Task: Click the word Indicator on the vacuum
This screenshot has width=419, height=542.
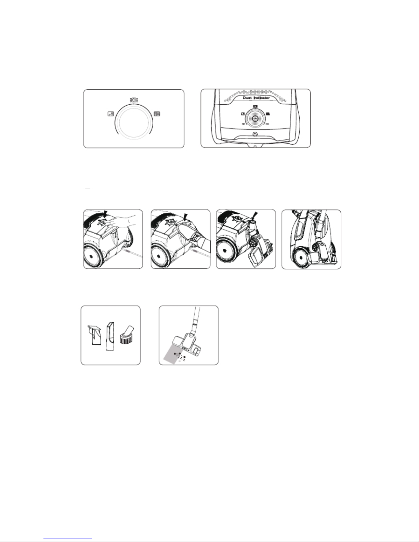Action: pos(262,98)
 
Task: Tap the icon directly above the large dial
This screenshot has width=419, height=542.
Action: pos(134,100)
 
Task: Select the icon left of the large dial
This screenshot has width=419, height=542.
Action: pos(111,114)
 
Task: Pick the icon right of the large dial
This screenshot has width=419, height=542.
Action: pos(157,114)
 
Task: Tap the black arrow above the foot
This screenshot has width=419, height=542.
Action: pos(185,216)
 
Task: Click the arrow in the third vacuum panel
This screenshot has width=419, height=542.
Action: pos(255,215)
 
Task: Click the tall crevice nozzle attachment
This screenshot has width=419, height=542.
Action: pos(110,336)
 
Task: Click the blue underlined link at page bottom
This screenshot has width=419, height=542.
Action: pos(68,538)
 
